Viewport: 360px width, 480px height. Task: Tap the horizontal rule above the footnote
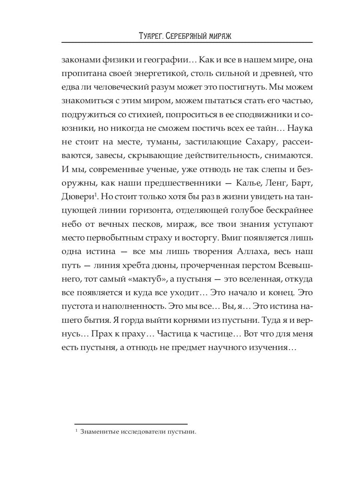point(131,424)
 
